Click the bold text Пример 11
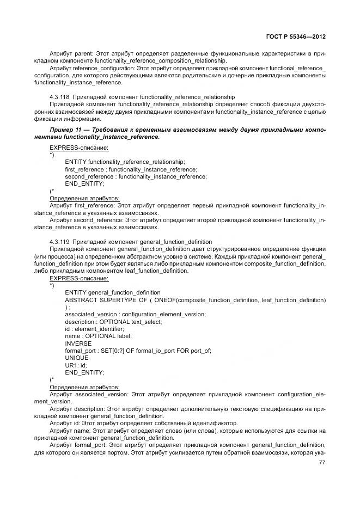pyautogui.click(x=66, y=131)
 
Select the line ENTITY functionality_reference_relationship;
pyautogui.click(x=125, y=162)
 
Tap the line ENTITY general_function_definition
pyautogui.click(x=113, y=293)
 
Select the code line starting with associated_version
pyautogui.click(x=135, y=315)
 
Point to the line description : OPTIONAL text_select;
pyautogui.click(x=113, y=322)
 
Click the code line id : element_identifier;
pyautogui.click(x=94, y=329)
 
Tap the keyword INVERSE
pyautogui.click(x=78, y=344)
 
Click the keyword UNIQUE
pyautogui.click(x=76, y=358)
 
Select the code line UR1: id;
pyautogui.click(x=76, y=365)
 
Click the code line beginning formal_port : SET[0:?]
pyautogui.click(x=138, y=351)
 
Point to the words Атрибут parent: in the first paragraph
pyautogui.click(x=70, y=54)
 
